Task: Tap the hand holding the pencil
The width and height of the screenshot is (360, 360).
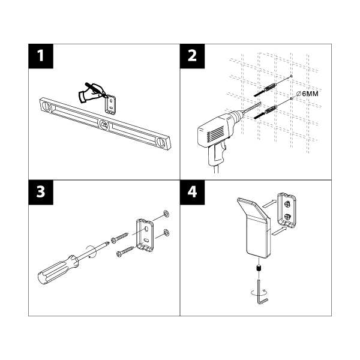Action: [x=92, y=92]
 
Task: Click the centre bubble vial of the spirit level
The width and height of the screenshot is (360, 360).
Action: [x=104, y=125]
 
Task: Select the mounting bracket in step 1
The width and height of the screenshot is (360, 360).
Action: [x=112, y=103]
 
